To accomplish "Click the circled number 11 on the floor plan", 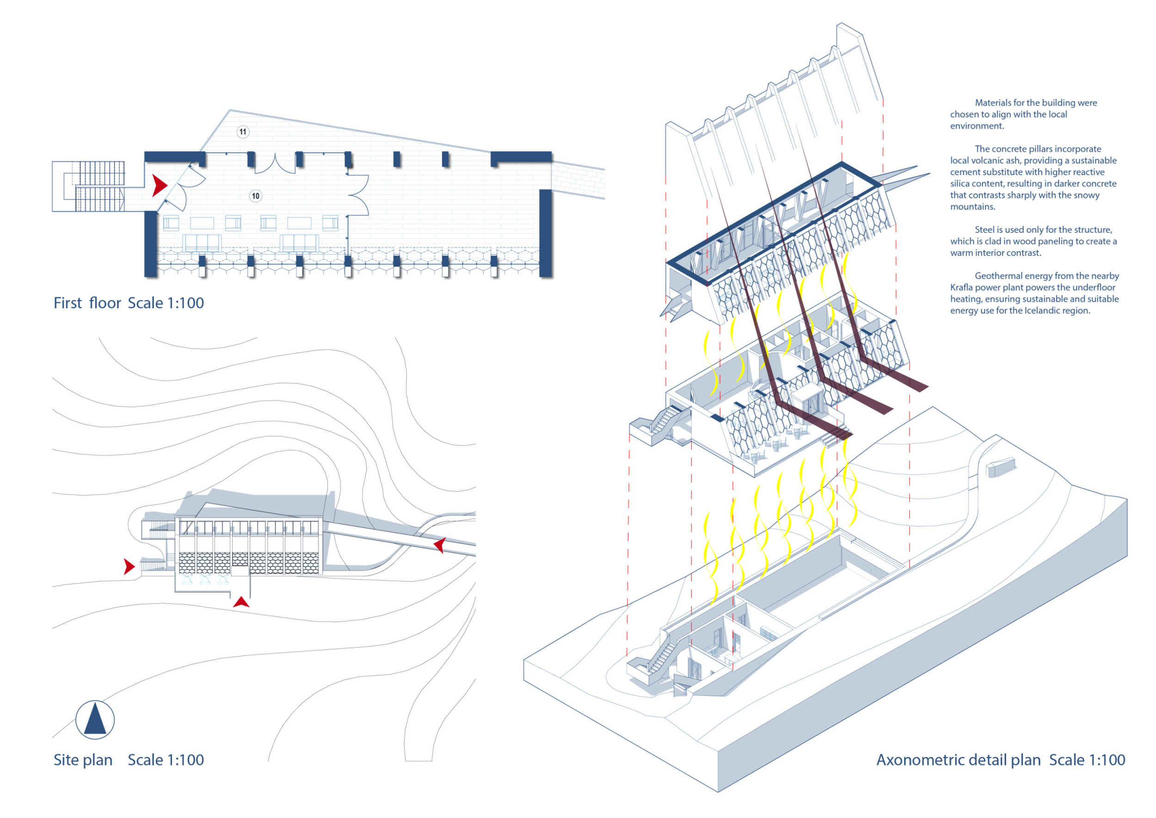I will (x=243, y=132).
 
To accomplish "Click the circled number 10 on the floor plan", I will (x=256, y=196).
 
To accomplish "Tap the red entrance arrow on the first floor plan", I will (x=160, y=186).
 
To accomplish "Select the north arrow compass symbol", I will (x=95, y=720).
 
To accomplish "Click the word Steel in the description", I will (x=985, y=229).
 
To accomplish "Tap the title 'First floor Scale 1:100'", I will (x=129, y=303).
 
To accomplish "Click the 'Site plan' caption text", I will (x=83, y=760).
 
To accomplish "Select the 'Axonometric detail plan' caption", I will (x=958, y=760).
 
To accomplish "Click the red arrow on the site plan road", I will (x=440, y=545).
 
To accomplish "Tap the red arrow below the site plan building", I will (x=241, y=601).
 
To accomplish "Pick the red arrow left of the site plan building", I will (x=129, y=567).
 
